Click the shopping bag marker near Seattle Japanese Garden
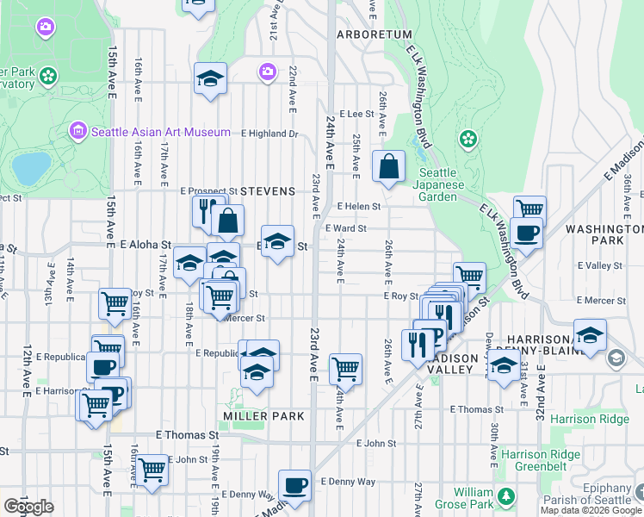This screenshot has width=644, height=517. [388, 165]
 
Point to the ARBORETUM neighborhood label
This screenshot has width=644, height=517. [375, 34]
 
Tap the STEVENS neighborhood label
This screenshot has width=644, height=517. [268, 190]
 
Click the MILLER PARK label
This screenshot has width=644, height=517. [263, 416]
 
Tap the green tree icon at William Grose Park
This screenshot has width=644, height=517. [506, 495]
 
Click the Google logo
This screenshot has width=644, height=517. [28, 507]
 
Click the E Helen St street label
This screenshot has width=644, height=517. [359, 207]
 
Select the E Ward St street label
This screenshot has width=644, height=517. [347, 228]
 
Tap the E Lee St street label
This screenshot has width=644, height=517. [356, 113]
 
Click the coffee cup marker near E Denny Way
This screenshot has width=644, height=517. [295, 485]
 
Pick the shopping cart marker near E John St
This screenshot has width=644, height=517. [152, 470]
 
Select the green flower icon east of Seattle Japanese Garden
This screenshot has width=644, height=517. [468, 138]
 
